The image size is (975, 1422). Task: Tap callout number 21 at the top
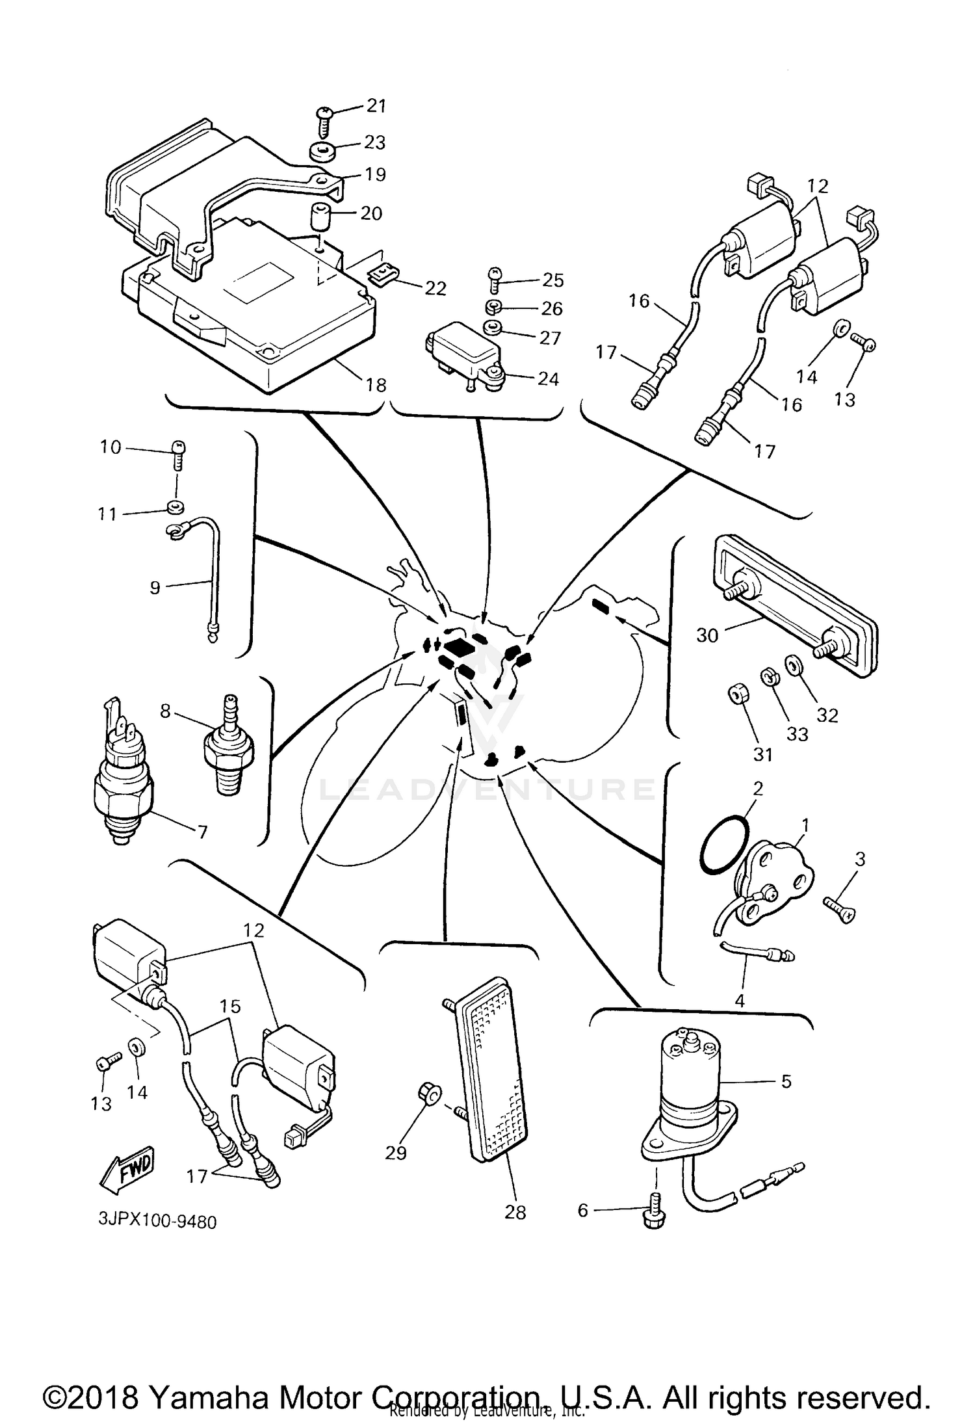[x=376, y=106]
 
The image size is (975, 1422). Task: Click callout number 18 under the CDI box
[x=376, y=385]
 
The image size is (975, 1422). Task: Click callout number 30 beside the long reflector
[x=707, y=635]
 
